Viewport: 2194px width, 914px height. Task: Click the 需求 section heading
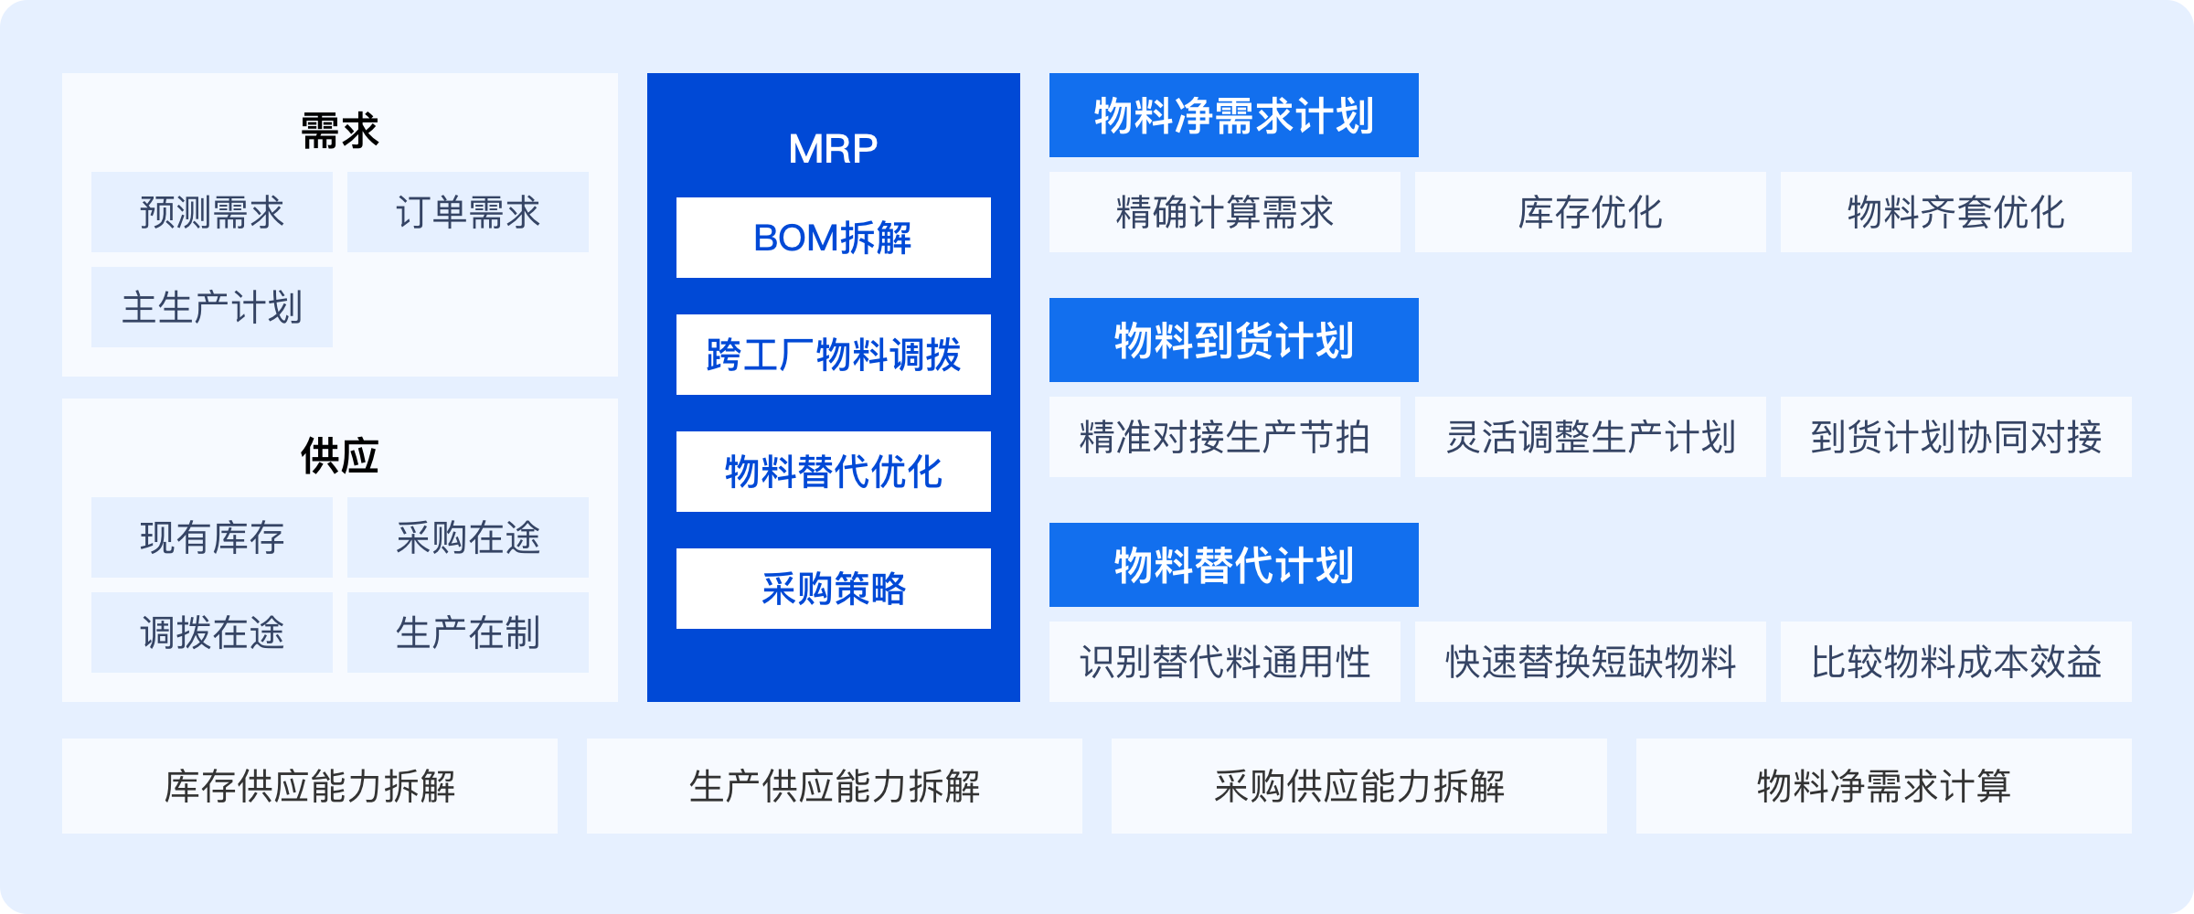[x=340, y=131]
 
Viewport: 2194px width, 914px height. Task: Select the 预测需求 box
[x=212, y=212]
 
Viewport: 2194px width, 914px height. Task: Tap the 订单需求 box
[x=468, y=212]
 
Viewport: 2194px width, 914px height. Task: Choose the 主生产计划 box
[x=212, y=307]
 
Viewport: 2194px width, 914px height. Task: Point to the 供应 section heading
[x=340, y=456]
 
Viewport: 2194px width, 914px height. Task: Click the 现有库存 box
[x=212, y=537]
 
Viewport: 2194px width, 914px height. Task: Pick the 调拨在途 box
[x=212, y=632]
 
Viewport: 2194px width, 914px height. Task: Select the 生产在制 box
[x=468, y=632]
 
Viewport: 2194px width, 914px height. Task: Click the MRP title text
[x=834, y=148]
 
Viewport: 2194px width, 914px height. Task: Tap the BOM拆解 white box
[x=834, y=238]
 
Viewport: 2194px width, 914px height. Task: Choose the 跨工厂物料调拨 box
[x=834, y=355]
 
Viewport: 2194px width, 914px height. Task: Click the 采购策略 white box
[x=834, y=589]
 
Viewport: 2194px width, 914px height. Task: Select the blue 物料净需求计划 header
[x=1234, y=115]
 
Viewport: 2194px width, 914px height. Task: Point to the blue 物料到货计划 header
[x=1234, y=340]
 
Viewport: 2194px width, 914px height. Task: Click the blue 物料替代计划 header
[x=1234, y=565]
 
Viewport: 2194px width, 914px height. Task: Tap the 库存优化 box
[x=1591, y=212]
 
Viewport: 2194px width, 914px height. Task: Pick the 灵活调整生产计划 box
[x=1591, y=437]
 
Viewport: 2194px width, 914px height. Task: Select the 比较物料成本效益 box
[x=1956, y=662]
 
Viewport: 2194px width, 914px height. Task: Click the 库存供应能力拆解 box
[x=310, y=786]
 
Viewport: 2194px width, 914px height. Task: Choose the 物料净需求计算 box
[x=1884, y=786]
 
